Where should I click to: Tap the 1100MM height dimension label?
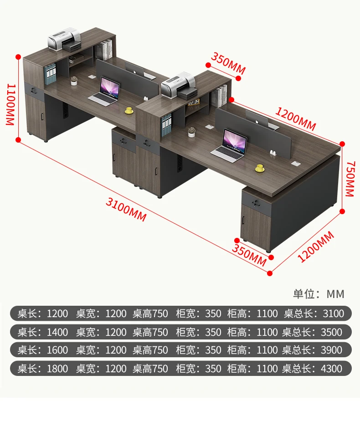click(x=10, y=104)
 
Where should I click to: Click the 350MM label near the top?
click(x=228, y=64)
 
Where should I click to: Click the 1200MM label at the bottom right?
click(x=316, y=247)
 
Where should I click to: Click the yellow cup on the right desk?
click(x=260, y=168)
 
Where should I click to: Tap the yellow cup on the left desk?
click(x=129, y=110)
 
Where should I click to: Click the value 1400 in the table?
click(x=57, y=332)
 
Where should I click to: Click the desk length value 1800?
click(x=57, y=369)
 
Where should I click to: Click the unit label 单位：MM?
click(x=319, y=294)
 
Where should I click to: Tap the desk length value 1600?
click(x=57, y=350)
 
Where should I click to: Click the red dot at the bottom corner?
click(x=270, y=273)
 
